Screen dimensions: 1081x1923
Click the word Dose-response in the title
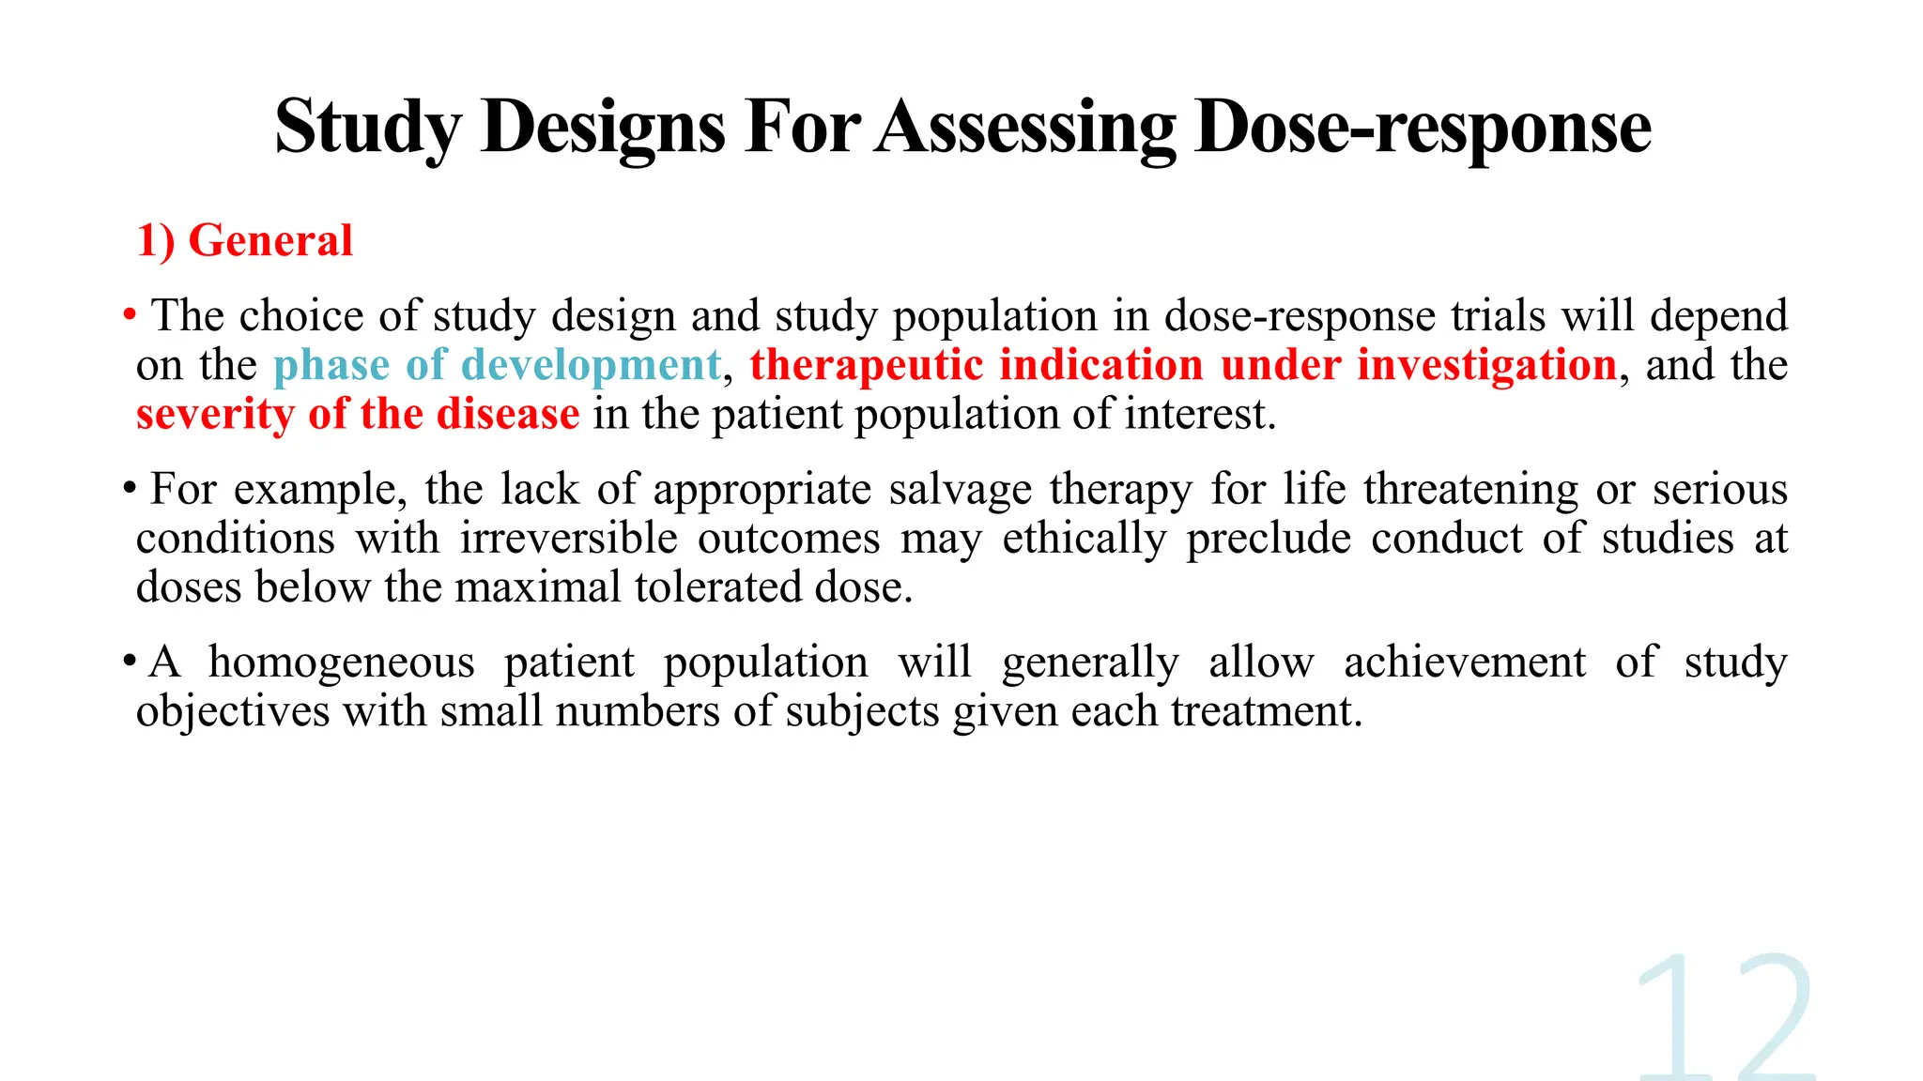tap(1423, 129)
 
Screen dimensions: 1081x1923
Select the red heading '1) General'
tap(245, 240)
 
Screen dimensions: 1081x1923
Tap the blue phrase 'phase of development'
tap(497, 365)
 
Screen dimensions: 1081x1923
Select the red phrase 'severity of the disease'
tap(358, 414)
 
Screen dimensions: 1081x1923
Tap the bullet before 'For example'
tap(130, 488)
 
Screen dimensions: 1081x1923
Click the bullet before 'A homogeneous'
tap(130, 661)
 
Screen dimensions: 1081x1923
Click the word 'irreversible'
tap(568, 539)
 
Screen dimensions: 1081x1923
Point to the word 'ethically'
tap(1085, 539)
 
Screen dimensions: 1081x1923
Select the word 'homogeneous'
tap(341, 662)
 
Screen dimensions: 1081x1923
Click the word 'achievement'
tap(1464, 662)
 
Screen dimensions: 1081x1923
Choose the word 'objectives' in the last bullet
tap(233, 711)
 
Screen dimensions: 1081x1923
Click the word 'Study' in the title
tap(368, 129)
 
